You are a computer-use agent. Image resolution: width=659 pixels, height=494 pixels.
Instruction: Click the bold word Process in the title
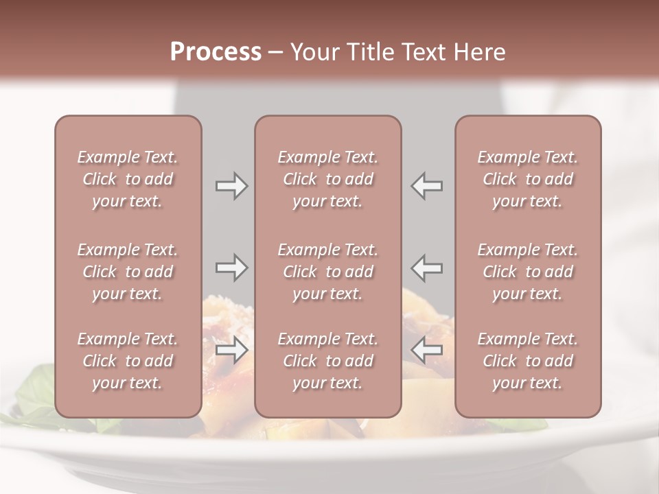[216, 52]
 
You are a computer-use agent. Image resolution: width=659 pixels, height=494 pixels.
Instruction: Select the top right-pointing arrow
[231, 186]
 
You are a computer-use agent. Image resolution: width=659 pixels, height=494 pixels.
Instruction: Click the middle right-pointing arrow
[231, 268]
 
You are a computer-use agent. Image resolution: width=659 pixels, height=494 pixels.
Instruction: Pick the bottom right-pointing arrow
[231, 351]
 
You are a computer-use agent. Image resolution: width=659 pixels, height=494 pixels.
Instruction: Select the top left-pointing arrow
[427, 186]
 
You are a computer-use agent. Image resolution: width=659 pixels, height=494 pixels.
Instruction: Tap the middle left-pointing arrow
[427, 268]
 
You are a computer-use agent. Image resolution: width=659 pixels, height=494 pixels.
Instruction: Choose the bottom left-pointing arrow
[427, 351]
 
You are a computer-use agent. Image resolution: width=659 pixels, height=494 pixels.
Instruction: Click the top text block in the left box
[128, 179]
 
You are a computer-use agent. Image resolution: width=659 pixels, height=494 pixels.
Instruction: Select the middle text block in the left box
[128, 272]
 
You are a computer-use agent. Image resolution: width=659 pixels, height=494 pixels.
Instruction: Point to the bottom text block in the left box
[128, 361]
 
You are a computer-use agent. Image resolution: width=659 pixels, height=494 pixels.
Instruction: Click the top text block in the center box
[327, 179]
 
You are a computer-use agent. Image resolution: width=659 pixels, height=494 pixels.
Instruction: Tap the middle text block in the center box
[327, 272]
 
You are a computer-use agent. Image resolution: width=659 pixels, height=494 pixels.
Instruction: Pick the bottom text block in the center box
[327, 361]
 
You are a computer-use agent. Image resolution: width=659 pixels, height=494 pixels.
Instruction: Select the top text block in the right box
[527, 179]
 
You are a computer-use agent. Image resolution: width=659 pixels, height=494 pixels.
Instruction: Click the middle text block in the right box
[527, 272]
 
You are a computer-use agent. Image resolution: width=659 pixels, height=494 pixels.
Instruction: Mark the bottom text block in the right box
[527, 361]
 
